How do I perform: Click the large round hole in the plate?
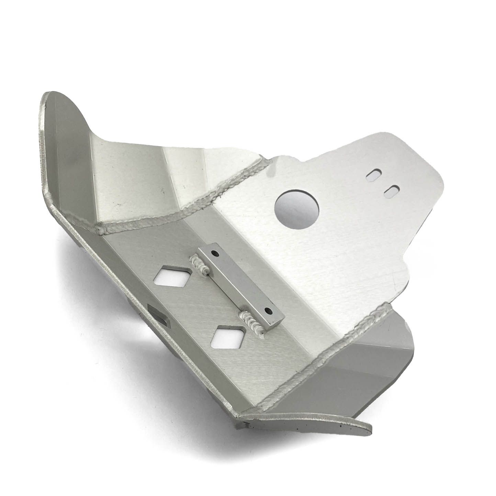tap(297, 209)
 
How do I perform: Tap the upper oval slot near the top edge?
tap(373, 176)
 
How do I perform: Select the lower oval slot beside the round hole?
tap(391, 191)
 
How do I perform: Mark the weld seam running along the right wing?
tap(343, 343)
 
